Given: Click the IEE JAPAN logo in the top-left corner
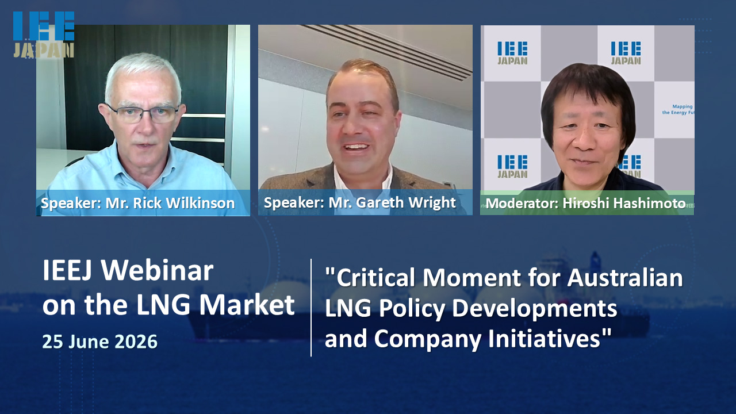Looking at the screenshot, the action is point(44,35).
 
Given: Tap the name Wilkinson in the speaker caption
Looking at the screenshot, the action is point(201,203).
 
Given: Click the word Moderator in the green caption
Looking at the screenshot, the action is point(522,204).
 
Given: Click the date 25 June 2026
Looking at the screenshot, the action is point(100,342).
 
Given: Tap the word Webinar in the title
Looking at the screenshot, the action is point(157,270).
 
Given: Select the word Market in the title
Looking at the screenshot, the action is point(247,305).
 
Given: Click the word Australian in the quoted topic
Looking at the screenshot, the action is point(625,278).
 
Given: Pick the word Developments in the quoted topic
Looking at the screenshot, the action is point(534,309).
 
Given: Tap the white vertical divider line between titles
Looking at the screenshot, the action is point(311,308).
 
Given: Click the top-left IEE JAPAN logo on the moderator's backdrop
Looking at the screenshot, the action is point(512,52).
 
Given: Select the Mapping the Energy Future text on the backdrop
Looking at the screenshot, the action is point(677,109).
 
